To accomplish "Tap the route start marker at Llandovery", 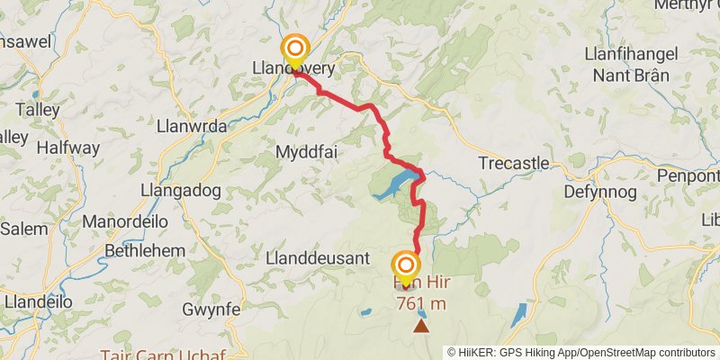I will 294,49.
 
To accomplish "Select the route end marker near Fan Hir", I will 406,265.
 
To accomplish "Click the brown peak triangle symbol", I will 421,325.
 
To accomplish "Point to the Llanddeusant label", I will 318,257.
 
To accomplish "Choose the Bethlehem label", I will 145,250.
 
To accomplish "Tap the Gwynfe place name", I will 211,310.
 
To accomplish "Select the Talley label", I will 38,109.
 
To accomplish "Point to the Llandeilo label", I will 38,302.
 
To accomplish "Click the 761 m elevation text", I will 421,303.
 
